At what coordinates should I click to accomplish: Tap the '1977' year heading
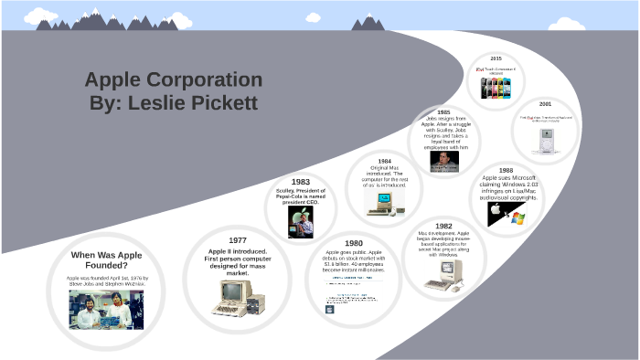tap(239, 239)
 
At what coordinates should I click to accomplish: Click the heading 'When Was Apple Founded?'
tap(107, 259)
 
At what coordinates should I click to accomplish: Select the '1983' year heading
tap(300, 182)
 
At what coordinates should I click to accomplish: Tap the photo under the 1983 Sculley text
tap(300, 221)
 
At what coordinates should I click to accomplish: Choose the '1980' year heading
tap(353, 243)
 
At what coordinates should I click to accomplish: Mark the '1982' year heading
tap(443, 226)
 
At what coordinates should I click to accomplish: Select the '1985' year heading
tap(444, 112)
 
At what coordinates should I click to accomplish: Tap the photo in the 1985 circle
tap(444, 161)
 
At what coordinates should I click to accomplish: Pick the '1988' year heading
tap(506, 171)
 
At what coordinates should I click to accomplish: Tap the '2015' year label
tap(496, 58)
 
